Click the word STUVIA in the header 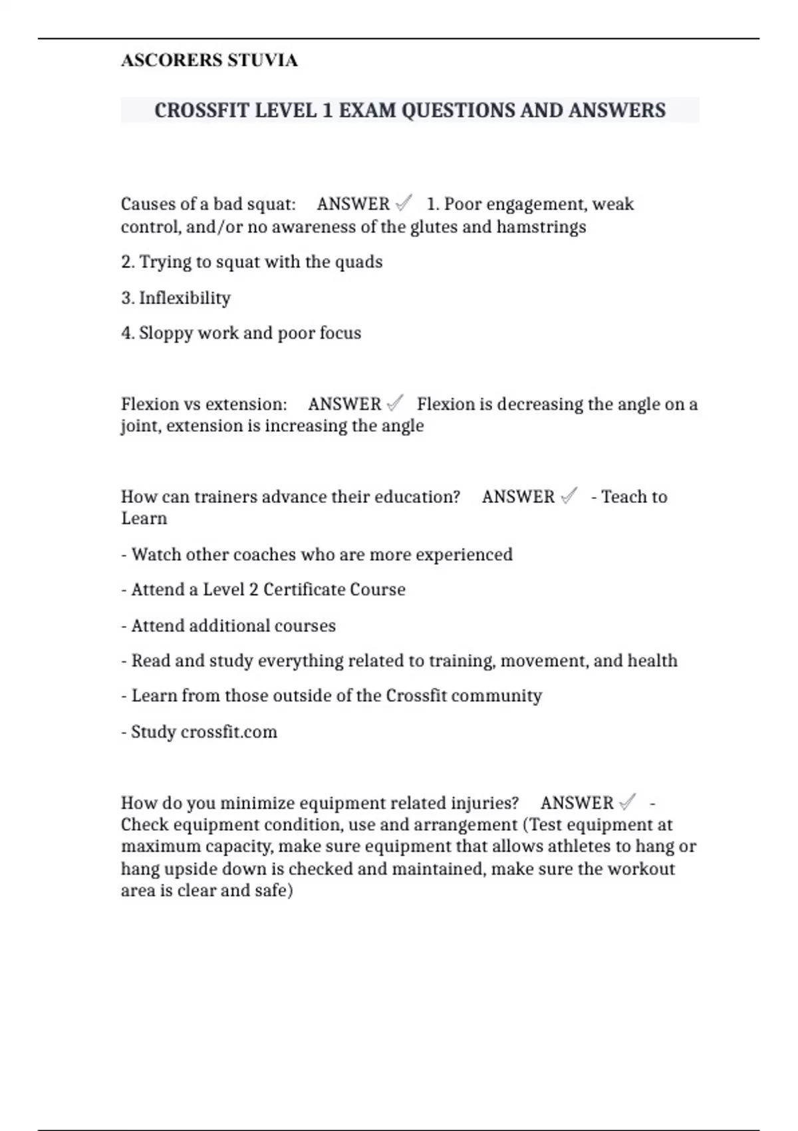pos(262,61)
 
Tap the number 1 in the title pos(327,110)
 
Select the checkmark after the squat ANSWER pos(404,202)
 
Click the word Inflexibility pos(184,298)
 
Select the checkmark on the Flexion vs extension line pos(395,403)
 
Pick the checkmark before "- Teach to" pos(569,496)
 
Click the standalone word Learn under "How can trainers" pos(144,519)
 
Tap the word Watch pos(154,555)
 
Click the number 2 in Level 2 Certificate pos(253,590)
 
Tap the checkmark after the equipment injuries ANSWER pos(627,802)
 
